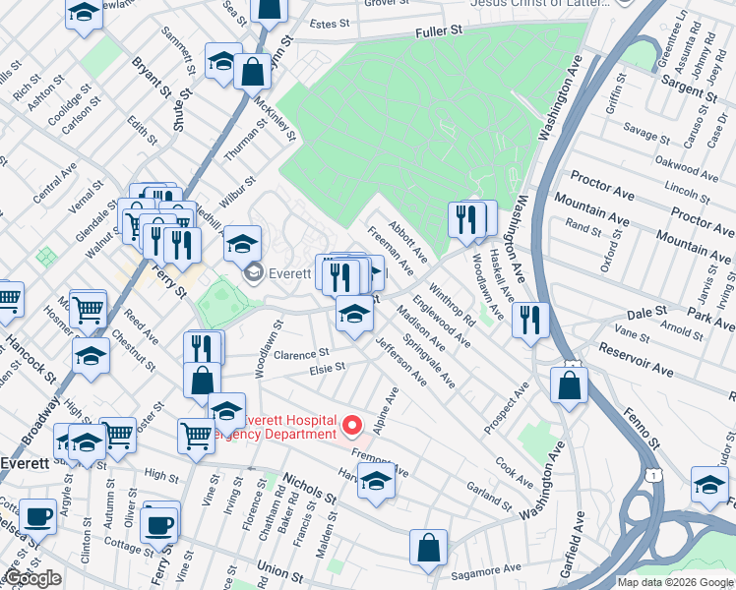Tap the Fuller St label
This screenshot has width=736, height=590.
(439, 32)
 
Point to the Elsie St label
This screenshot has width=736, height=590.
(327, 368)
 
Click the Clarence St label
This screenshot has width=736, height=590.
(301, 354)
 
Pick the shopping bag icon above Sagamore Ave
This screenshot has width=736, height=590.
(429, 550)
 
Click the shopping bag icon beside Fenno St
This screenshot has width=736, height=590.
(569, 385)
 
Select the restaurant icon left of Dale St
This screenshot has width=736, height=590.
(529, 320)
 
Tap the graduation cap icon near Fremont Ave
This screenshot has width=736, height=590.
(375, 482)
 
